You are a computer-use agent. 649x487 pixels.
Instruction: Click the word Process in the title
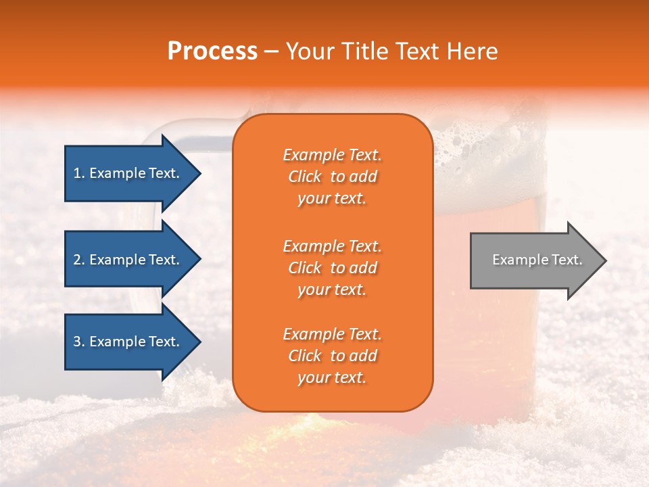(x=212, y=51)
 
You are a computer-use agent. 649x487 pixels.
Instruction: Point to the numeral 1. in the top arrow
(x=79, y=173)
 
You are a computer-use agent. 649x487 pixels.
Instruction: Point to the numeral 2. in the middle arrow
(x=79, y=260)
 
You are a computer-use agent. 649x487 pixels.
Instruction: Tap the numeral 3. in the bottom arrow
(x=79, y=342)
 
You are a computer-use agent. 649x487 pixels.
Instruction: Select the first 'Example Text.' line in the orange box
(x=332, y=155)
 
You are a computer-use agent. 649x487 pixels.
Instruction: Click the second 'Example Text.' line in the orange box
(x=332, y=246)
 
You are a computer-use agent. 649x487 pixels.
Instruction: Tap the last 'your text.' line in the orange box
(x=332, y=378)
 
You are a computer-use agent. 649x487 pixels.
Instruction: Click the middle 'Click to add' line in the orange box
(x=332, y=268)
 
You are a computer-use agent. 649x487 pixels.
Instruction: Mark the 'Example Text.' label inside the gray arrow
(x=537, y=260)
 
